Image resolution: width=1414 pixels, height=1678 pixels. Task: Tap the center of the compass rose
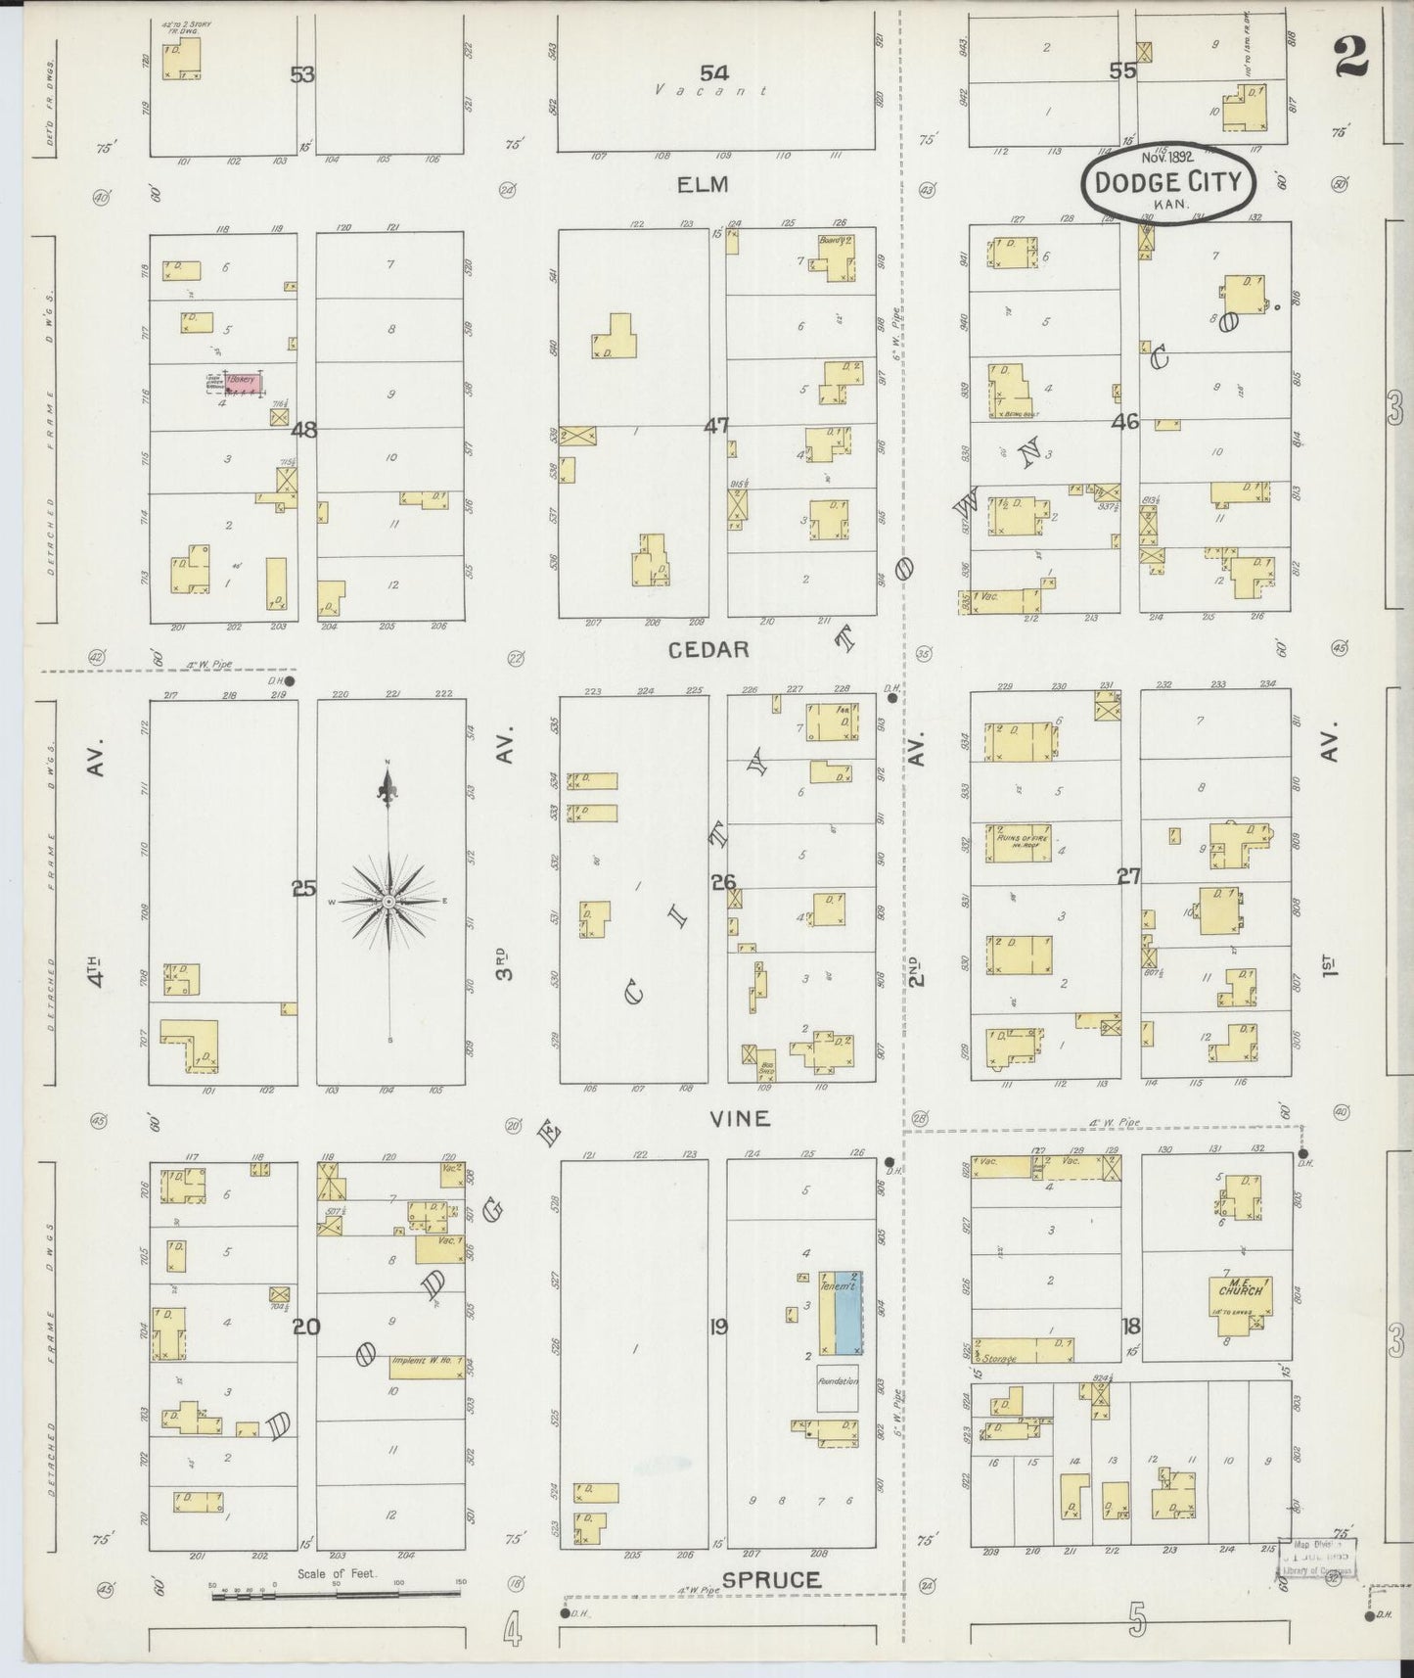tap(388, 900)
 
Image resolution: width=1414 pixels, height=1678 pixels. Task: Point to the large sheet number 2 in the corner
tap(1350, 56)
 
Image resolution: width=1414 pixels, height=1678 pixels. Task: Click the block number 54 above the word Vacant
tap(714, 71)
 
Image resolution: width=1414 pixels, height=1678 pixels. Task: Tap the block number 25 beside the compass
tap(303, 889)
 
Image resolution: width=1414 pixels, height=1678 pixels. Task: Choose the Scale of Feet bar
tap(337, 1596)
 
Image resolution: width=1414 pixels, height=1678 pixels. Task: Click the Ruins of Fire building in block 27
tap(1018, 842)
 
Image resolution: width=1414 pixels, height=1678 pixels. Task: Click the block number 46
tap(1125, 422)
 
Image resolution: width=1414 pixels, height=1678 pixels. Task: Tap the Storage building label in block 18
tap(1000, 1358)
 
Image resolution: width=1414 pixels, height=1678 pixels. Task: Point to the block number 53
tap(302, 73)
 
